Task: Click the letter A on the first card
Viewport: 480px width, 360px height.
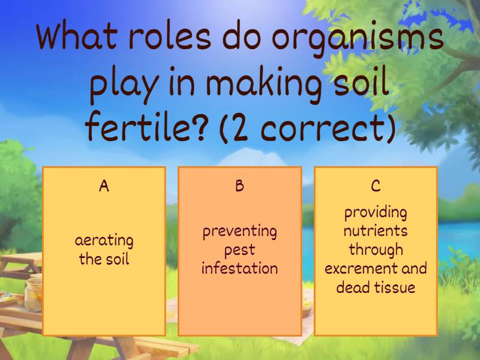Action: pos(104,186)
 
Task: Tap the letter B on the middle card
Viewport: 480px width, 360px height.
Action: pos(239,186)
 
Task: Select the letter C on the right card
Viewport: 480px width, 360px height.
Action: pos(376,186)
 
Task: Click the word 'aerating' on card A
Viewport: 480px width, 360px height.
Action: pos(104,241)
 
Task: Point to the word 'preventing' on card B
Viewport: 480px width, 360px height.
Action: pos(239,232)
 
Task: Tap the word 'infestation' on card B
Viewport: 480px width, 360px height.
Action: pos(239,268)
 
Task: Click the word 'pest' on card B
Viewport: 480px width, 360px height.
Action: pos(239,250)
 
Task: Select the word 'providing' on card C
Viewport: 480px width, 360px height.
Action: pos(376,212)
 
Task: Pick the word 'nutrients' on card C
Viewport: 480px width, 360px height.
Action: pos(376,231)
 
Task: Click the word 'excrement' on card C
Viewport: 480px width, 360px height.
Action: pos(358,268)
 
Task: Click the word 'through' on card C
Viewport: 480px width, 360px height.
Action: pos(376,250)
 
